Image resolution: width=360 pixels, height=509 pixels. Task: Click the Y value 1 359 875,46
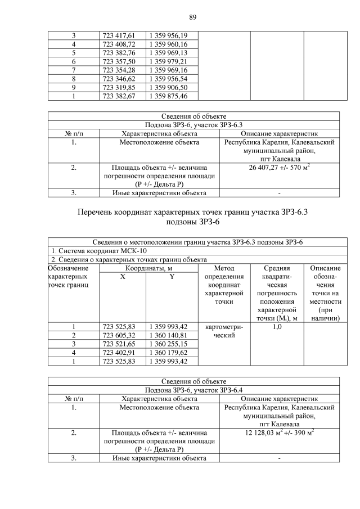[172, 96]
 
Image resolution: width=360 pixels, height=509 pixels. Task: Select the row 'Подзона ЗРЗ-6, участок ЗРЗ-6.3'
[193, 125]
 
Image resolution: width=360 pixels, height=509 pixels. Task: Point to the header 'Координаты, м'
[148, 268]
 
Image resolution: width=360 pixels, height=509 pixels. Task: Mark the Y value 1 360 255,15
[172, 344]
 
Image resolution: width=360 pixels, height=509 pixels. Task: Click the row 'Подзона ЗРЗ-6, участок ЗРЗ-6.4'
[193, 390]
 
